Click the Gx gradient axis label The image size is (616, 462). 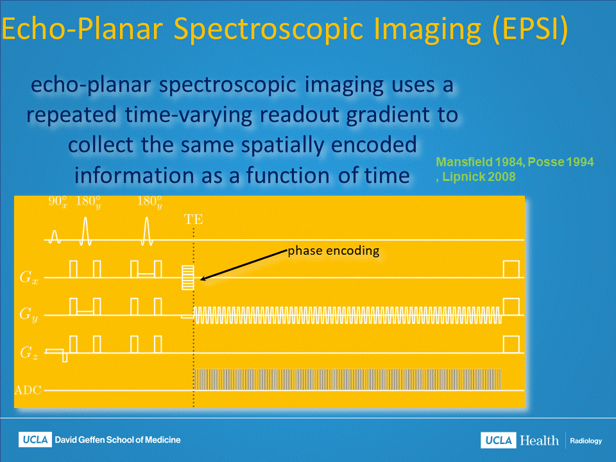[29, 277]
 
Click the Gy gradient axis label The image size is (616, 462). [29, 314]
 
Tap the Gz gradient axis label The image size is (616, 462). [29, 352]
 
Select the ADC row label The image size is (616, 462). [28, 390]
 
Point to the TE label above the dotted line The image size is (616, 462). [193, 219]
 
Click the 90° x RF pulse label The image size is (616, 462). [58, 201]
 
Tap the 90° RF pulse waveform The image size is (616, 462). [55, 237]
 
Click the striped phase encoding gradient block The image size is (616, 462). [188, 277]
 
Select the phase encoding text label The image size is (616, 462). [334, 251]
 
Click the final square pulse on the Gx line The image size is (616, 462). [511, 269]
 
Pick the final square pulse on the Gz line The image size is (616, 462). [511, 345]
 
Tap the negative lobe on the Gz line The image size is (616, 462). [65, 357]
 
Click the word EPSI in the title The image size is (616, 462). [530, 29]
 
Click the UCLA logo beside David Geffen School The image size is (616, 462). [35, 440]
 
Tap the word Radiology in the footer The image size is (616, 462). [586, 441]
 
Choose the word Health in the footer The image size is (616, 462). [539, 440]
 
